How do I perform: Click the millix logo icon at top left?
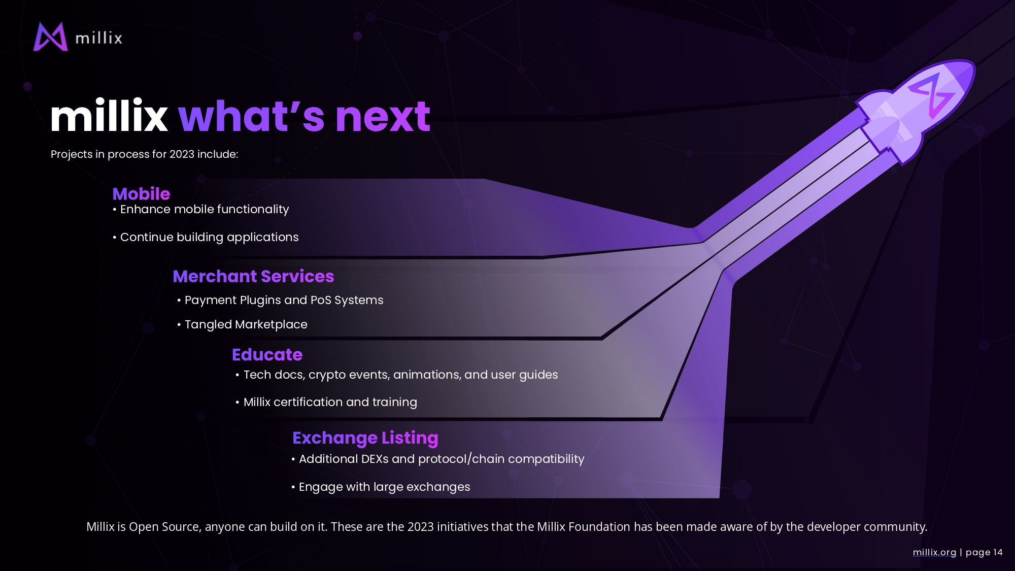pos(50,37)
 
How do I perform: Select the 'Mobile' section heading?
pos(141,193)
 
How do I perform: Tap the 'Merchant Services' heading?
pos(253,276)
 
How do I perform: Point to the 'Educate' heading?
pos(267,354)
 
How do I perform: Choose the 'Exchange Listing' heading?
pos(365,438)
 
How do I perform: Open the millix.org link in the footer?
pos(934,552)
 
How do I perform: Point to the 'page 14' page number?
pos(984,552)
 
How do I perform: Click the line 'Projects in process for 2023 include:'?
pos(145,154)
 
